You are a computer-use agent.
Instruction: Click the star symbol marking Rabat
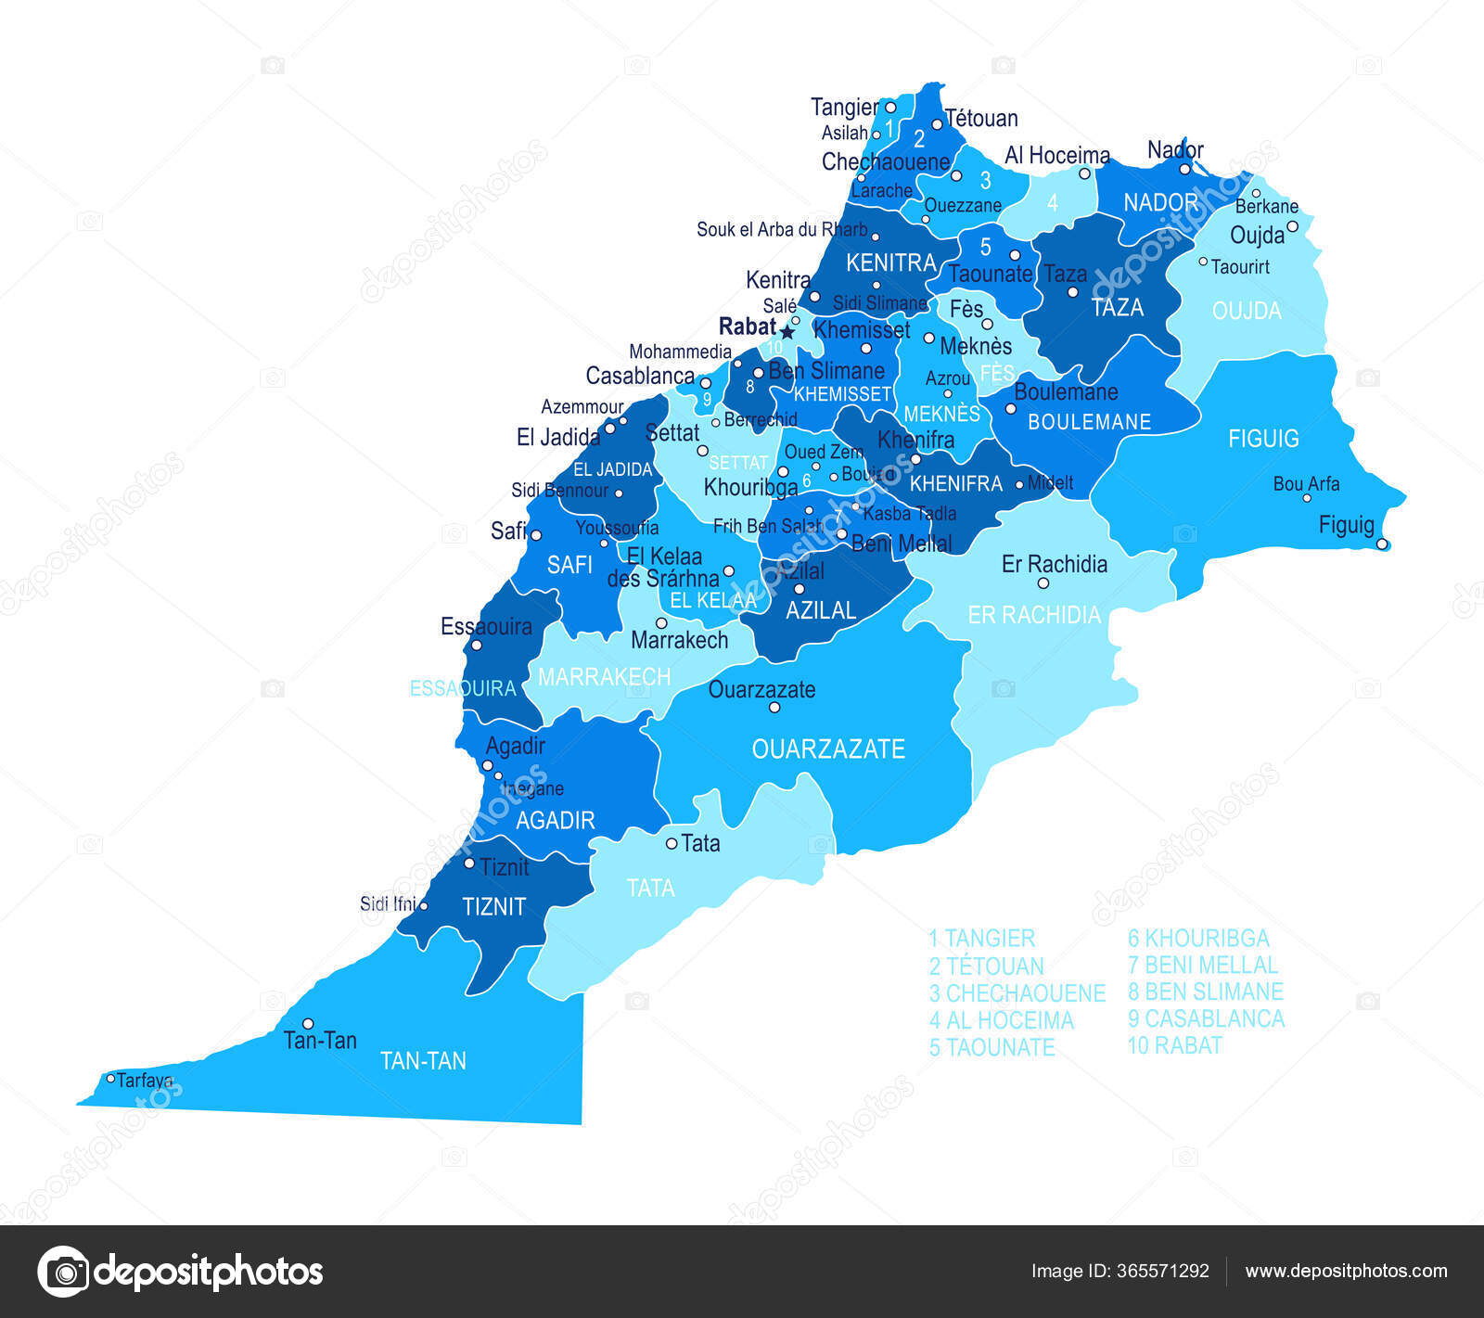pyautogui.click(x=787, y=331)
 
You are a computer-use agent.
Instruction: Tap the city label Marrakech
pyautogui.click(x=679, y=640)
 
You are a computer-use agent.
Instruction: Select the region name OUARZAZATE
pyautogui.click(x=827, y=749)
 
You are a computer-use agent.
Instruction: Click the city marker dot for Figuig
pyautogui.click(x=1381, y=544)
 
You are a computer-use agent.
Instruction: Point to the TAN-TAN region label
pyautogui.click(x=423, y=1061)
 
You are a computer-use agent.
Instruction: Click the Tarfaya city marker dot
pyautogui.click(x=110, y=1078)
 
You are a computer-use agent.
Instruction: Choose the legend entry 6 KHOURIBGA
pyautogui.click(x=1197, y=939)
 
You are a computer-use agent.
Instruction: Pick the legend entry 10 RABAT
pyautogui.click(x=1174, y=1046)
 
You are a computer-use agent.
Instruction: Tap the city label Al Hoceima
pyautogui.click(x=1056, y=156)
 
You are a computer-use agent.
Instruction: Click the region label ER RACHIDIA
pyautogui.click(x=1034, y=615)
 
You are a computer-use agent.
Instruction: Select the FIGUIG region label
pyautogui.click(x=1263, y=439)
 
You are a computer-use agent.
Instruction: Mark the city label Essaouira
pyautogui.click(x=486, y=627)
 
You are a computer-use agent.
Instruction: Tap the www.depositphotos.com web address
pyautogui.click(x=1346, y=1272)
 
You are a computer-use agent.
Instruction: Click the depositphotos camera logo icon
pyautogui.click(x=63, y=1271)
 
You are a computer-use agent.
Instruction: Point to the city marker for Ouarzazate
pyautogui.click(x=774, y=708)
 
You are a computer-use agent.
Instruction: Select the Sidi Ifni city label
pyautogui.click(x=387, y=903)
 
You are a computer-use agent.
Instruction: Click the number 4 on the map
pyautogui.click(x=1052, y=202)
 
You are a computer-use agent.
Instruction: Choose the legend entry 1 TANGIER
pyautogui.click(x=981, y=939)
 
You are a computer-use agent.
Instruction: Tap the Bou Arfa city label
pyautogui.click(x=1305, y=484)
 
